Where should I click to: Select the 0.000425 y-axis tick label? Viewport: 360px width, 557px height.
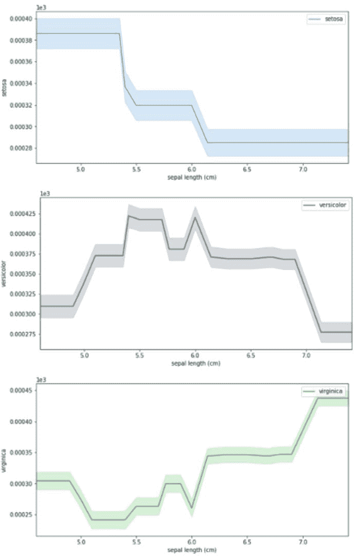pyautogui.click(x=19, y=213)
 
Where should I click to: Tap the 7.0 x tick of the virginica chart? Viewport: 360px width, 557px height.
pyautogui.click(x=303, y=542)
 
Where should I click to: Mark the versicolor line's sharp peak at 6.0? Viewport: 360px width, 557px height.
pyautogui.click(x=195, y=217)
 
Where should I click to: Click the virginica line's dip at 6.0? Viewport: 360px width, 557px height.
pyautogui.click(x=191, y=508)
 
